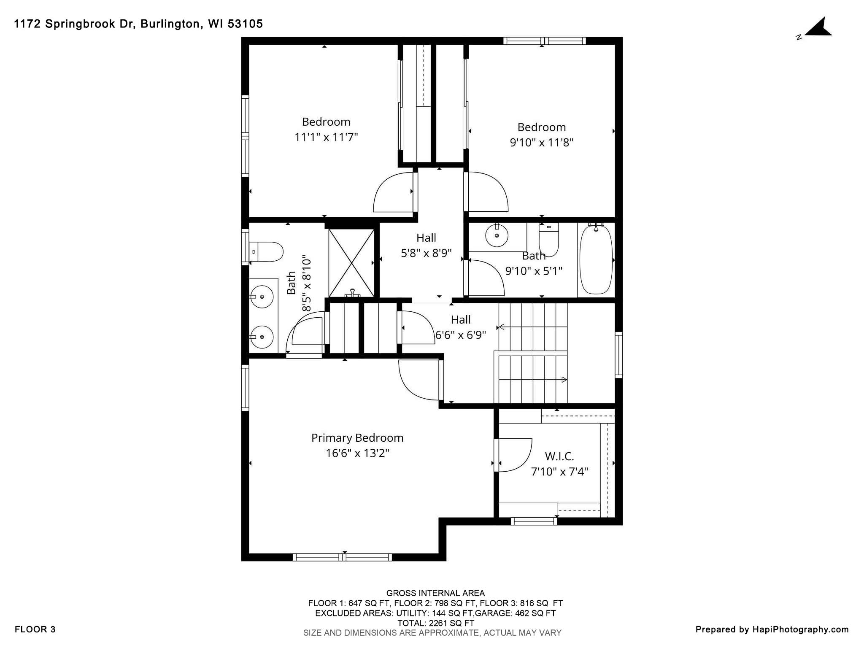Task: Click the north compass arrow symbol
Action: coord(818,29)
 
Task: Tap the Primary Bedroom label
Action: coord(357,438)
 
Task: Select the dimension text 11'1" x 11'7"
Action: coord(326,137)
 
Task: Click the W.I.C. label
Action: coord(559,456)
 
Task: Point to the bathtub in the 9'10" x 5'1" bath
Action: coord(596,260)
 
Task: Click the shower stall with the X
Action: coord(351,262)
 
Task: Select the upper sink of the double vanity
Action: coord(262,297)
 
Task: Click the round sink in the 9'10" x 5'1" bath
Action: coord(497,235)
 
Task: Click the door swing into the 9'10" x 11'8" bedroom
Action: coord(487,192)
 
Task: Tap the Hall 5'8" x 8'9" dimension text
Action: coord(426,253)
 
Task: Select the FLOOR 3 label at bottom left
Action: coord(35,630)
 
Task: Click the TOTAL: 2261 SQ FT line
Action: coord(435,623)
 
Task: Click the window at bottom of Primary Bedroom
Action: coord(342,557)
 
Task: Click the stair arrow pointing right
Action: coord(564,380)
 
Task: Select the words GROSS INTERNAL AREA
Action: coord(435,593)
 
